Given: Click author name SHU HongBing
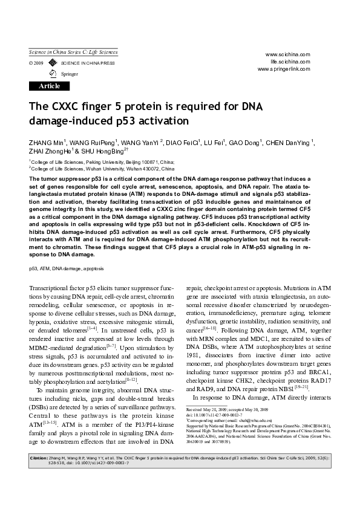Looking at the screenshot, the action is pos(106,152).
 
